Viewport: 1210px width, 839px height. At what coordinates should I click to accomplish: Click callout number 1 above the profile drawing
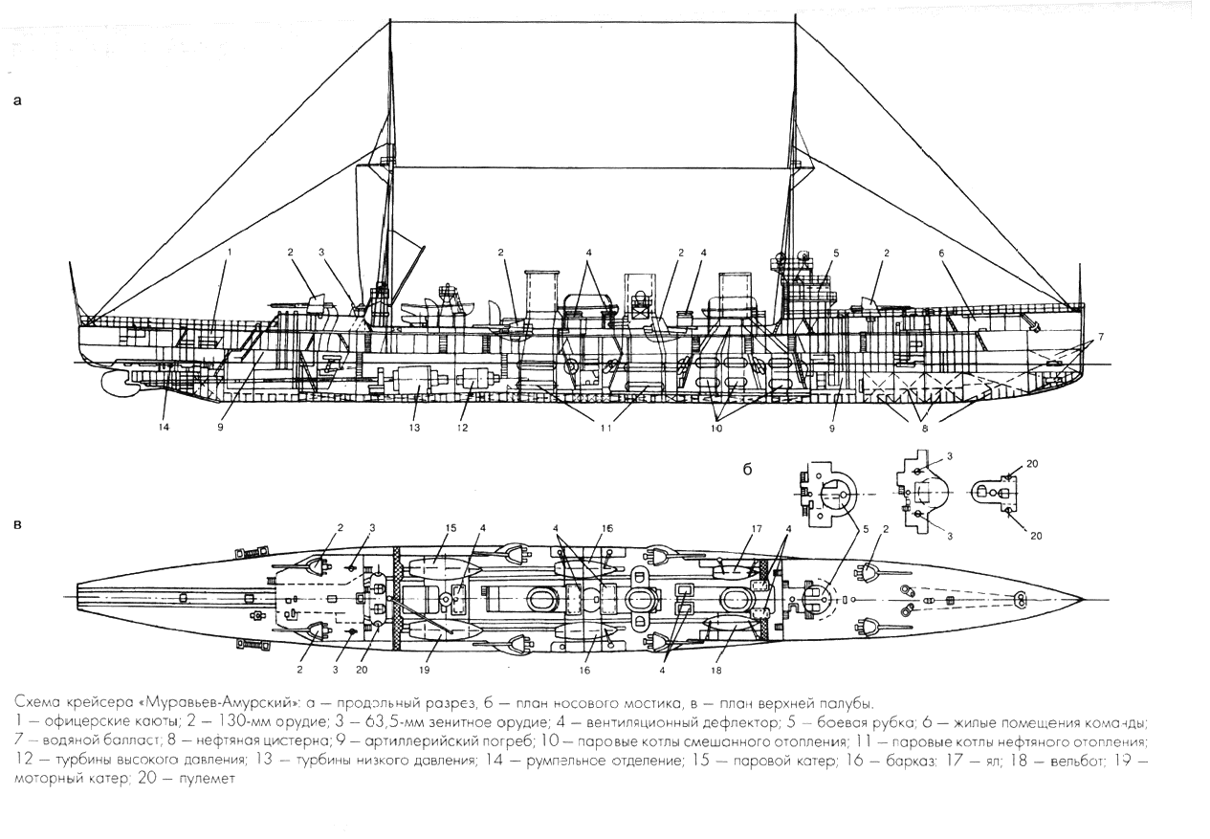point(229,252)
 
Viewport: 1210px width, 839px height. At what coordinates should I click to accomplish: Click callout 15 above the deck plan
point(451,527)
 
